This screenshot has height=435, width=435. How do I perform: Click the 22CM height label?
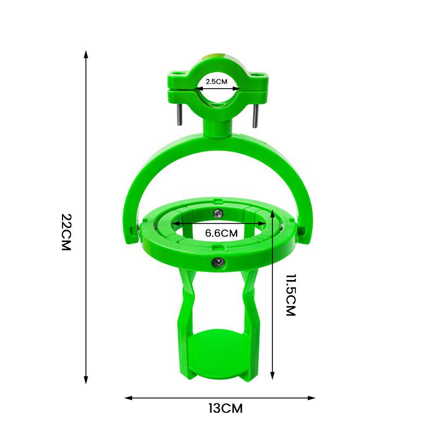coord(66,232)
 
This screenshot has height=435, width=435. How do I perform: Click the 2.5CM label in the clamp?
coord(216,81)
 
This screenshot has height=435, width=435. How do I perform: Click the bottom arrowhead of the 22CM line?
coord(86,380)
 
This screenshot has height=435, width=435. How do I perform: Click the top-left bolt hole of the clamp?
coord(177,72)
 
